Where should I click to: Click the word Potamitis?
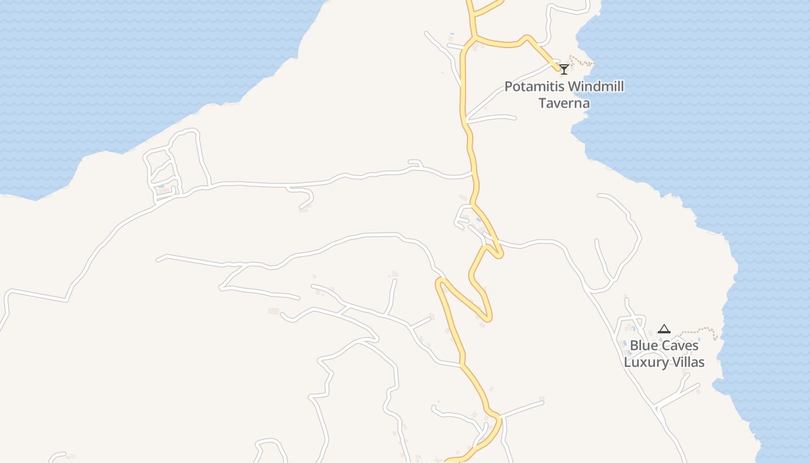coord(534,87)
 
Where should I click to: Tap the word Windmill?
coord(597,87)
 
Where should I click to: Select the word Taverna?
coord(564,104)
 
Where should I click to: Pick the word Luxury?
coord(643,362)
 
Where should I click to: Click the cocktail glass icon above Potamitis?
coord(564,69)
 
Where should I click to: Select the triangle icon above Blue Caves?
coord(664,329)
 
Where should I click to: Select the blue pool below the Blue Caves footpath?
coord(699,340)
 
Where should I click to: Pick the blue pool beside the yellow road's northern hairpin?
coord(478,219)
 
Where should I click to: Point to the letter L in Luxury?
coord(627,362)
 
